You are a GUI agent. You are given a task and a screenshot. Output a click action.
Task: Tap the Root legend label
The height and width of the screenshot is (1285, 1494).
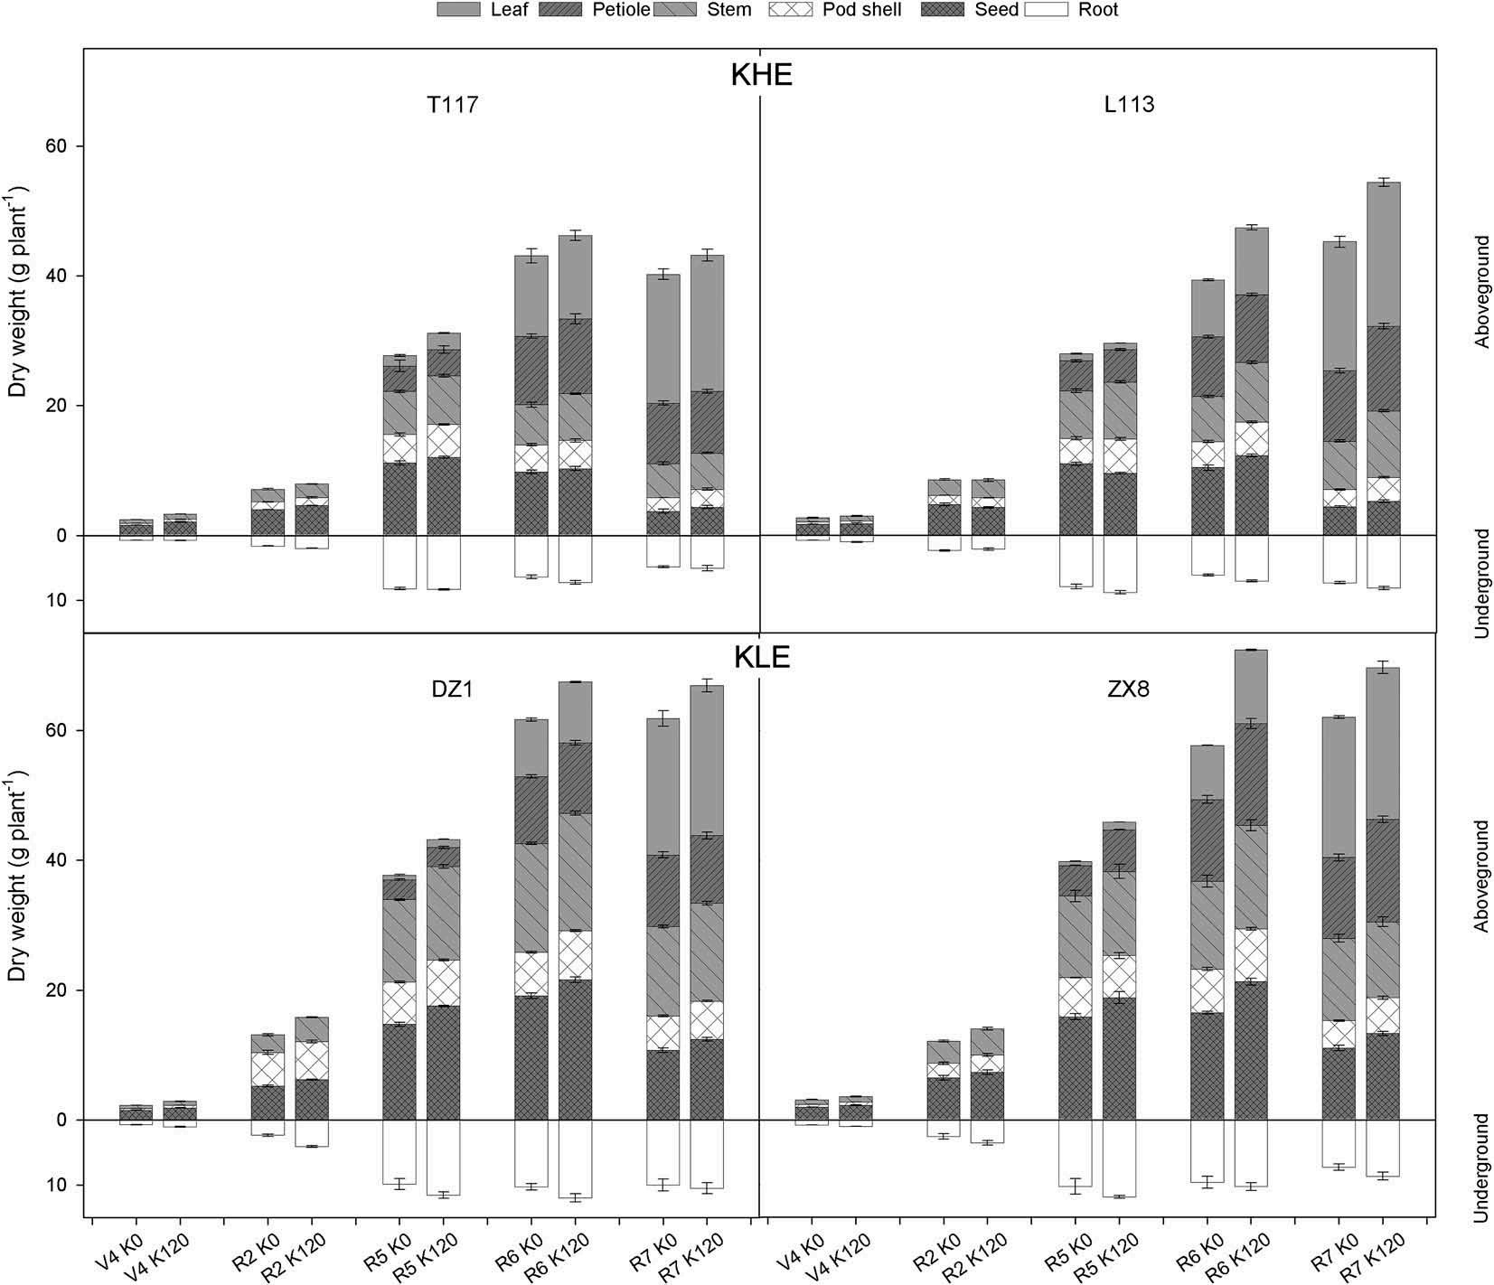(x=1097, y=10)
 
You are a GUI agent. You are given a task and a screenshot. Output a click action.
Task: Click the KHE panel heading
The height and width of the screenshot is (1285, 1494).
(x=761, y=75)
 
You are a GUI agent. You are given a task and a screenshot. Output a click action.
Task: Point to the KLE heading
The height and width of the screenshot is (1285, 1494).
(x=761, y=657)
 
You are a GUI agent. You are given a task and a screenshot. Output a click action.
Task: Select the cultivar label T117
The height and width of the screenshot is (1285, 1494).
(x=452, y=106)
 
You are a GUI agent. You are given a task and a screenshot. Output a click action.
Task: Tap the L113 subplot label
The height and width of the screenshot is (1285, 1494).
(x=1129, y=105)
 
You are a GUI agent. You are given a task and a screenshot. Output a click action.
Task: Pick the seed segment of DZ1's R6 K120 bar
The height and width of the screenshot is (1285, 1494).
(x=575, y=1048)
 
